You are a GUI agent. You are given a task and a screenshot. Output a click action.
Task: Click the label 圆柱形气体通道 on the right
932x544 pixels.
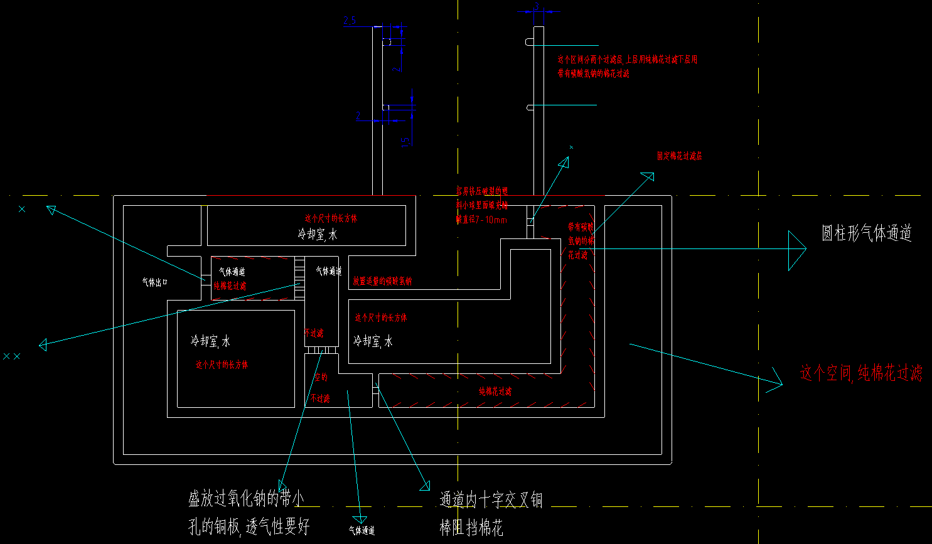866,233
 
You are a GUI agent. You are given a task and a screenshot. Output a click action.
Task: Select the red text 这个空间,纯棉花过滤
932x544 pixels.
860,373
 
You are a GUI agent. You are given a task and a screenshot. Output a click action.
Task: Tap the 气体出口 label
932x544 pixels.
154,283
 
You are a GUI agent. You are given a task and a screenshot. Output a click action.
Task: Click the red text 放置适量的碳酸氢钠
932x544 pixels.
382,281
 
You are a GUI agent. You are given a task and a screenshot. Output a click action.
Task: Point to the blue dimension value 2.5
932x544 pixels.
350,21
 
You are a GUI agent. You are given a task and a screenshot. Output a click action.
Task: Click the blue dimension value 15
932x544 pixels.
406,141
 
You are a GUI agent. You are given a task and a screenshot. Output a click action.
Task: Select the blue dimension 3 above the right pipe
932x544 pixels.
536,6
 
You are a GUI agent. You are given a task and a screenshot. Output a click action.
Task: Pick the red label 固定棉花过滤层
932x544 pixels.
679,156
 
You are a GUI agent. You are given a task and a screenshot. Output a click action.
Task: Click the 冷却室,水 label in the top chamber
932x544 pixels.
318,234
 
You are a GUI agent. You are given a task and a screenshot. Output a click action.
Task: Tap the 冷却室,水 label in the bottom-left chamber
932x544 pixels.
210,341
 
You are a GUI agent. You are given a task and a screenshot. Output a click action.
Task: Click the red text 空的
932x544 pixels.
321,377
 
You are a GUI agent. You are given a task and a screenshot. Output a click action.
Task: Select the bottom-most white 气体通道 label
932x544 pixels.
362,531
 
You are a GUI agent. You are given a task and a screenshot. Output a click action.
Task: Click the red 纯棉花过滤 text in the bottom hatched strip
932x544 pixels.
495,392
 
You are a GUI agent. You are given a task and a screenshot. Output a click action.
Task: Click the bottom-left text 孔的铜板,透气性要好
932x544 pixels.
249,526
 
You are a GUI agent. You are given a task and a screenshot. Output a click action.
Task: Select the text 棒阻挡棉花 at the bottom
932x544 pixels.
471,528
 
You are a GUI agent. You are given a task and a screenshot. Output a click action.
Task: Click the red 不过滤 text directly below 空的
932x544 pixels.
320,398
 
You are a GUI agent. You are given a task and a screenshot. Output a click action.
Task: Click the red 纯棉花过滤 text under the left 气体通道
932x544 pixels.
230,286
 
